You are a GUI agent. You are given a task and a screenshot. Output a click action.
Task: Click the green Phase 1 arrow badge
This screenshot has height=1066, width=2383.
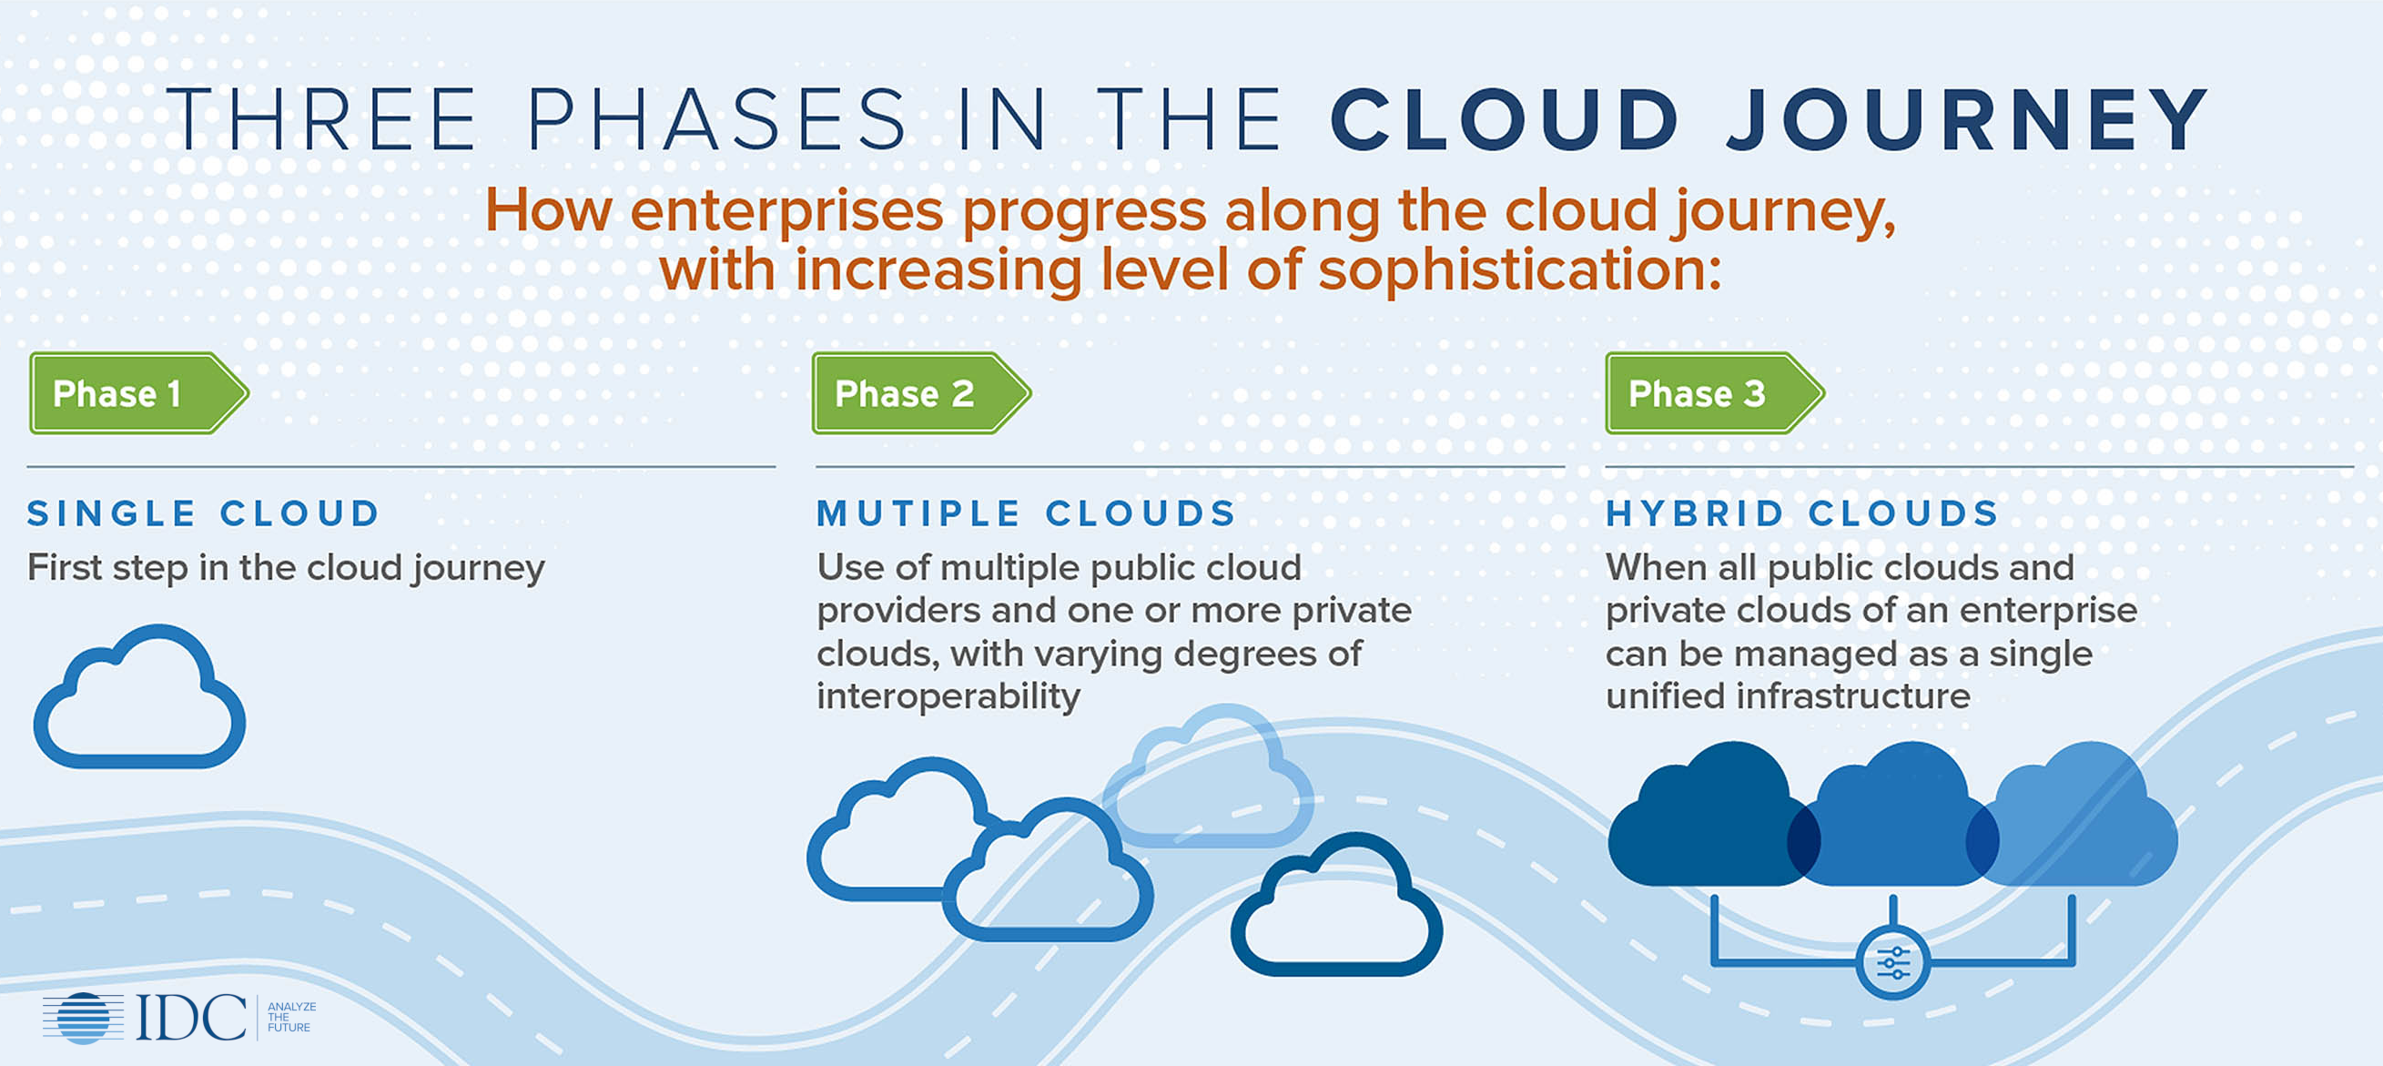138,393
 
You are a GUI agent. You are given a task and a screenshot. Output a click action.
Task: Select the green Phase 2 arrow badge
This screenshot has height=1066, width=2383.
921,393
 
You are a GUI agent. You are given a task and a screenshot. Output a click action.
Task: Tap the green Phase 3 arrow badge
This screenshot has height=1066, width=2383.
1715,393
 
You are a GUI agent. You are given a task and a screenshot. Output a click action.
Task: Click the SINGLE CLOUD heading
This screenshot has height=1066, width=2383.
204,513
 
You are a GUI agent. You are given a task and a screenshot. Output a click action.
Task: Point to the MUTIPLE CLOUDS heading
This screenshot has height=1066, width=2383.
1026,513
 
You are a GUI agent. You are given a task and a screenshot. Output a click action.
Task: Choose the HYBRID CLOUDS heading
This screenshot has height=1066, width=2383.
1802,513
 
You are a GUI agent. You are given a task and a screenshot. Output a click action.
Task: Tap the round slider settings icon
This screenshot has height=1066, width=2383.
1892,963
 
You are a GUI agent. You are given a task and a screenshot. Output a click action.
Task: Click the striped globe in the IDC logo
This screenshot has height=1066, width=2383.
83,1018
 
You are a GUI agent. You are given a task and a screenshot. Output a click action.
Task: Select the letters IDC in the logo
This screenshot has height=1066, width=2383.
191,1018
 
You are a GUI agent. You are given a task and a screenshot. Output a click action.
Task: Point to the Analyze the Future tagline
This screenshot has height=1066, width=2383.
291,1017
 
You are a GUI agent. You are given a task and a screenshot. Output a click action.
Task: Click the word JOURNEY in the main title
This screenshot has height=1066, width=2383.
1969,119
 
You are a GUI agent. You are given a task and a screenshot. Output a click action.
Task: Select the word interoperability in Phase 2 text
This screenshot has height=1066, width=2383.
948,696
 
